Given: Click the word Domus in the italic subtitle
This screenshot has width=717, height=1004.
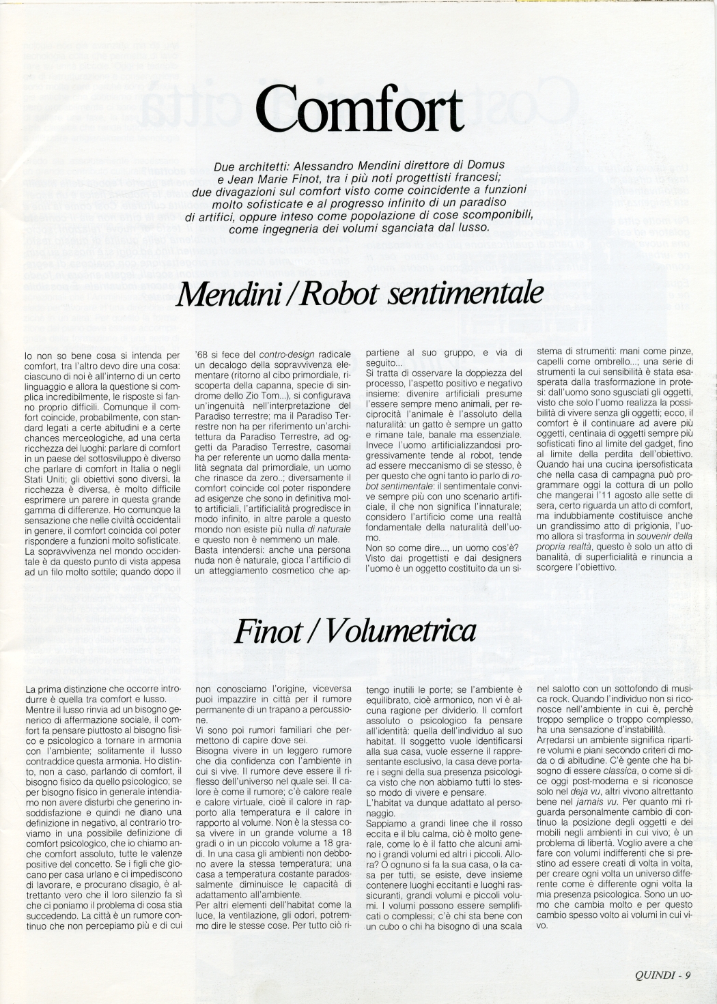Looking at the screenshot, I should (x=484, y=164).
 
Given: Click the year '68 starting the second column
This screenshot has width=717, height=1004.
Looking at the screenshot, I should (x=202, y=354).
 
